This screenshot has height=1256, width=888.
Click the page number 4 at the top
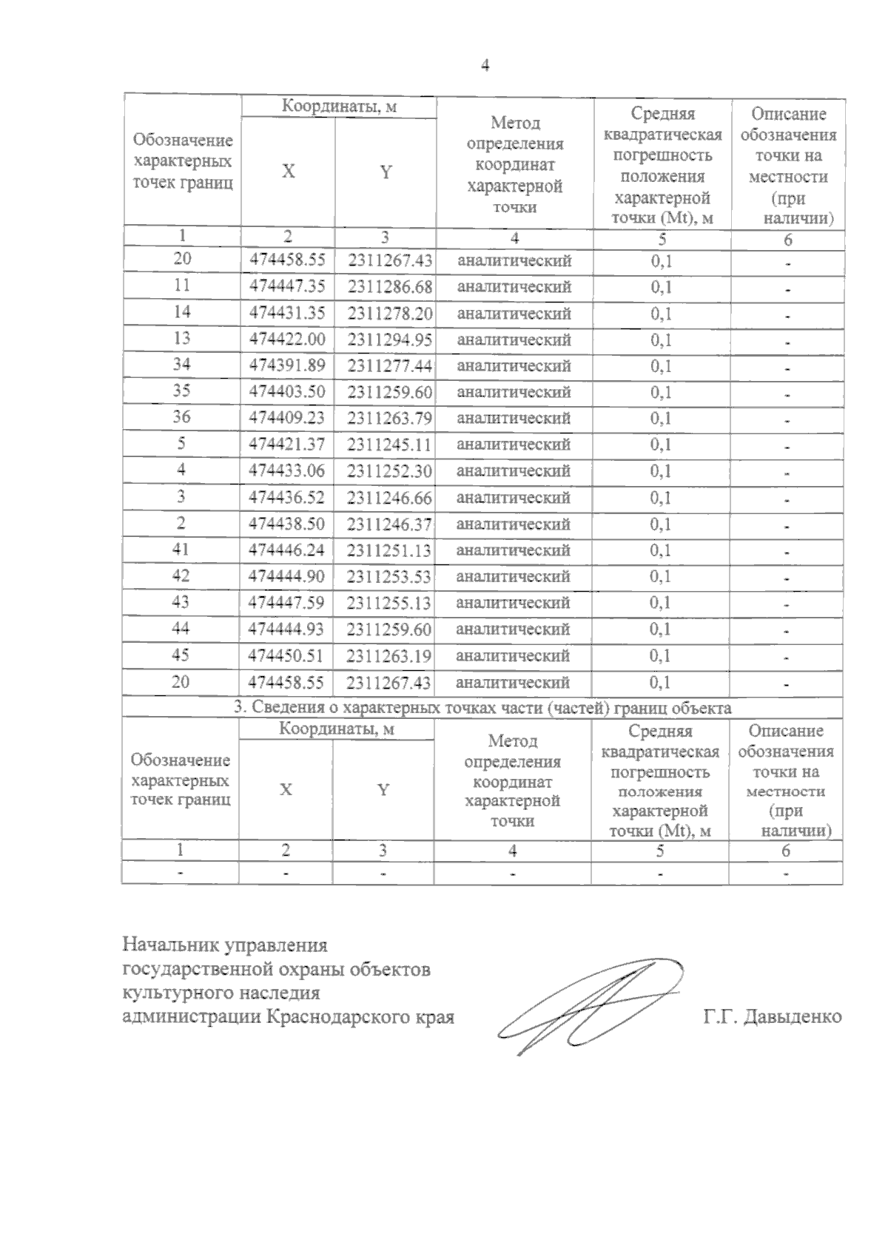(485, 66)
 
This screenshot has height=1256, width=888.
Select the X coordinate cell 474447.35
(287, 286)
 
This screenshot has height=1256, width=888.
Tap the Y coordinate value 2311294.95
(390, 340)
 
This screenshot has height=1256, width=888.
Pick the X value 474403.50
(287, 392)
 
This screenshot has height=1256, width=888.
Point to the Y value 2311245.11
(390, 445)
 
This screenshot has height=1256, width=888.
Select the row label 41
(181, 549)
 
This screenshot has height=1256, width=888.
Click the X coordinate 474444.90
(287, 576)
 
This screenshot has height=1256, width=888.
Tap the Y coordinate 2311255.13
(389, 603)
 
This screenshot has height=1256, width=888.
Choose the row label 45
(181, 655)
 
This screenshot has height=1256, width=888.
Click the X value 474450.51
(287, 655)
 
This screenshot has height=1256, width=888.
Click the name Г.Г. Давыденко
(773, 1016)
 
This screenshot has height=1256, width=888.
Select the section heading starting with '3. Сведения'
(482, 708)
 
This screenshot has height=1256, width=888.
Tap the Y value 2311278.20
(390, 313)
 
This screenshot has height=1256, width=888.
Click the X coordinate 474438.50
(287, 524)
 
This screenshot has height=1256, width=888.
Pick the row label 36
(181, 417)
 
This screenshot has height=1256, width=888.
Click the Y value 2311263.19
(389, 655)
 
